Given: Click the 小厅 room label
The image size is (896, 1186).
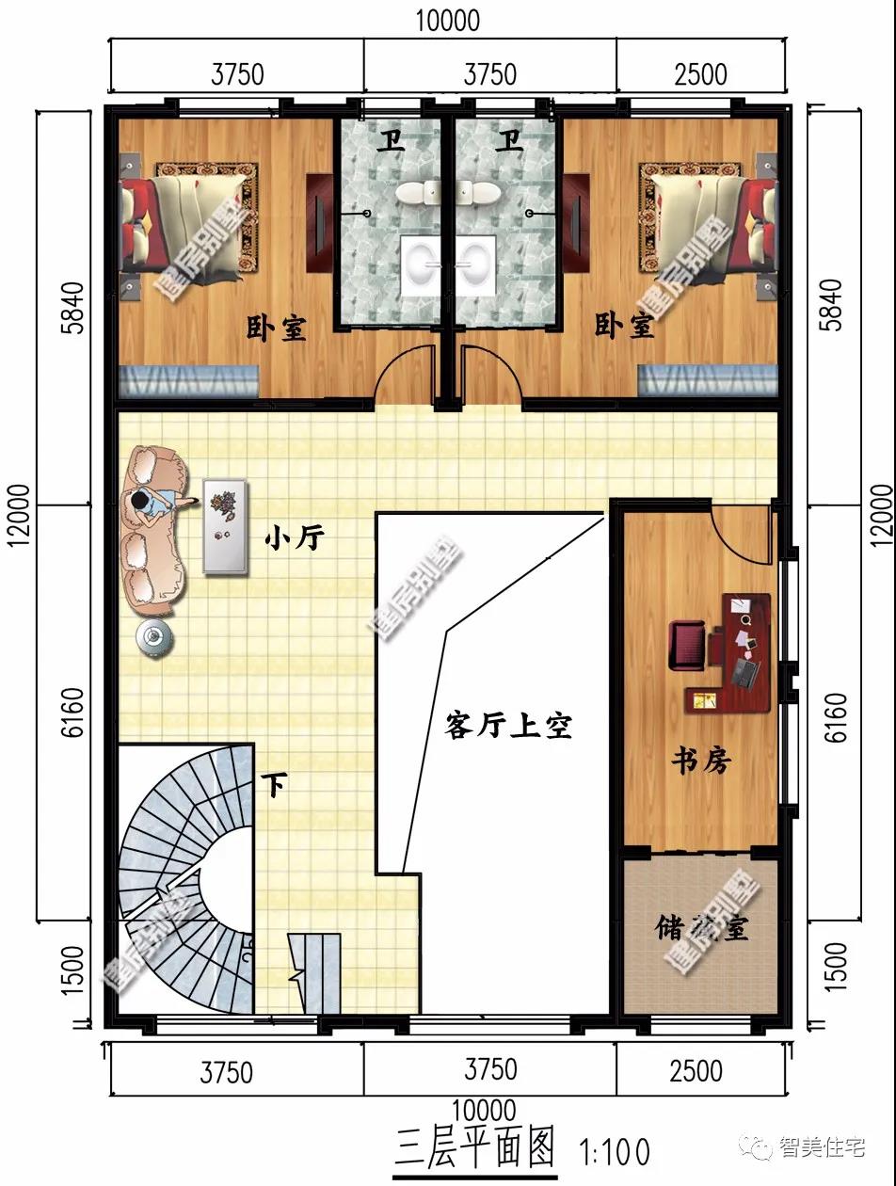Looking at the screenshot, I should [295, 538].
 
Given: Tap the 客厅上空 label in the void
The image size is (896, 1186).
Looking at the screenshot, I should [508, 726].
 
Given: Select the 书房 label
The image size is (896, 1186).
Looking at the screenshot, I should [700, 760].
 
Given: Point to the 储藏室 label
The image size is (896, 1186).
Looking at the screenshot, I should [702, 928].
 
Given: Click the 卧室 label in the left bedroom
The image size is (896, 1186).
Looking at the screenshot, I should [277, 328].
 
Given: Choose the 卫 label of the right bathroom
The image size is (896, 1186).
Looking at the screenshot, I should [510, 141].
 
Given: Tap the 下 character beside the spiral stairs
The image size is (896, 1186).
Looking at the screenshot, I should [274, 785].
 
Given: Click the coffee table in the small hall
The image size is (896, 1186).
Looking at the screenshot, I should [226, 526].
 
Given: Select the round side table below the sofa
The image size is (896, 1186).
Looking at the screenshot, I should [154, 637].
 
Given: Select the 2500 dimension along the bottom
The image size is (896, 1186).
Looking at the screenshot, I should [697, 1070].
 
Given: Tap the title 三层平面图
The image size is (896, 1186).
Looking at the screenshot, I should [475, 1148].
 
